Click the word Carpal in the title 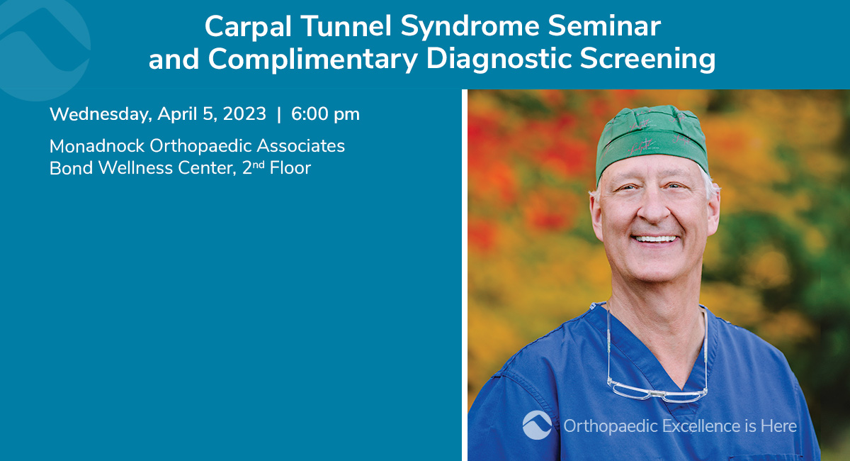[248, 27]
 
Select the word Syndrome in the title [470, 28]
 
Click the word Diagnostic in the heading [499, 60]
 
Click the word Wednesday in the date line [101, 114]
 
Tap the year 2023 [244, 113]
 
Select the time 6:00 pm [325, 114]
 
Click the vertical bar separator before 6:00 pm [279, 114]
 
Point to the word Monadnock [97, 146]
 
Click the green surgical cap [651, 140]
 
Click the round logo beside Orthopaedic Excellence [537, 425]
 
